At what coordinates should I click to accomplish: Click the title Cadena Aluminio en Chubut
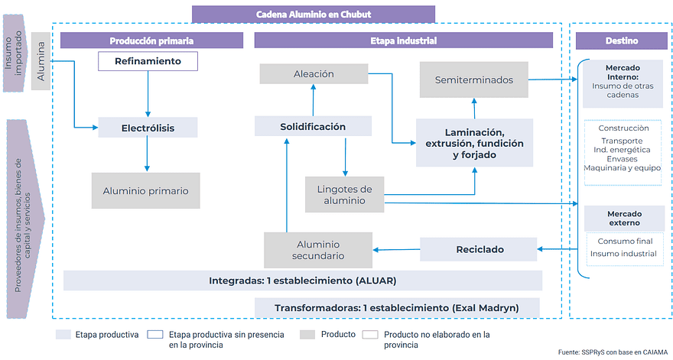pos(314,15)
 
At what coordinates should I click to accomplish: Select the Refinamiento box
pos(148,61)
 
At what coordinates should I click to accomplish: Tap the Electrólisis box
pos(148,128)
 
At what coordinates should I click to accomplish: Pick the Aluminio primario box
pos(145,190)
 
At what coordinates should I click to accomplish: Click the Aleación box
pos(314,74)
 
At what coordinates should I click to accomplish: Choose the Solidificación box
pos(312,127)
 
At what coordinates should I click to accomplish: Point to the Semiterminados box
pos(473,79)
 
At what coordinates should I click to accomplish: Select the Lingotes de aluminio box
pos(343,195)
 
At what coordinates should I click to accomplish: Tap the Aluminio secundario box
pos(317,250)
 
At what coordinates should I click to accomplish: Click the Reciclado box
pos(479,249)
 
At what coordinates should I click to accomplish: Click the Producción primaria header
pos(151,41)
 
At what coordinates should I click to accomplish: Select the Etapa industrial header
pos(403,41)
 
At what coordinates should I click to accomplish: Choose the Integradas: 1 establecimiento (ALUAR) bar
pos(303,281)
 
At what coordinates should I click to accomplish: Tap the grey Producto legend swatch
pos(308,335)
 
